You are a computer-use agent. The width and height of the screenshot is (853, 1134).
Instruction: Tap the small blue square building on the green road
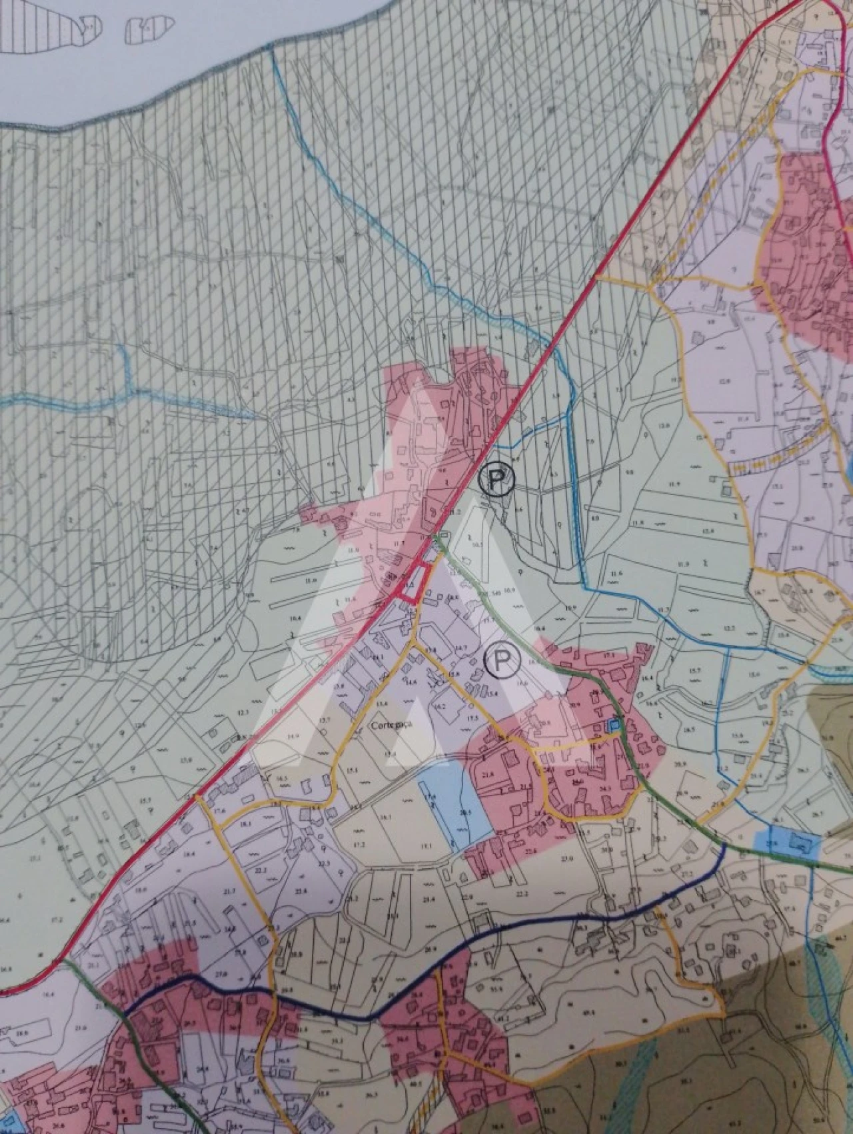614,724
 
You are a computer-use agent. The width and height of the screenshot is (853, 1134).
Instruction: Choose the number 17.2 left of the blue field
361,845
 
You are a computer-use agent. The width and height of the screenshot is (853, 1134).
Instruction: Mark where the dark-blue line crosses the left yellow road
272,991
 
